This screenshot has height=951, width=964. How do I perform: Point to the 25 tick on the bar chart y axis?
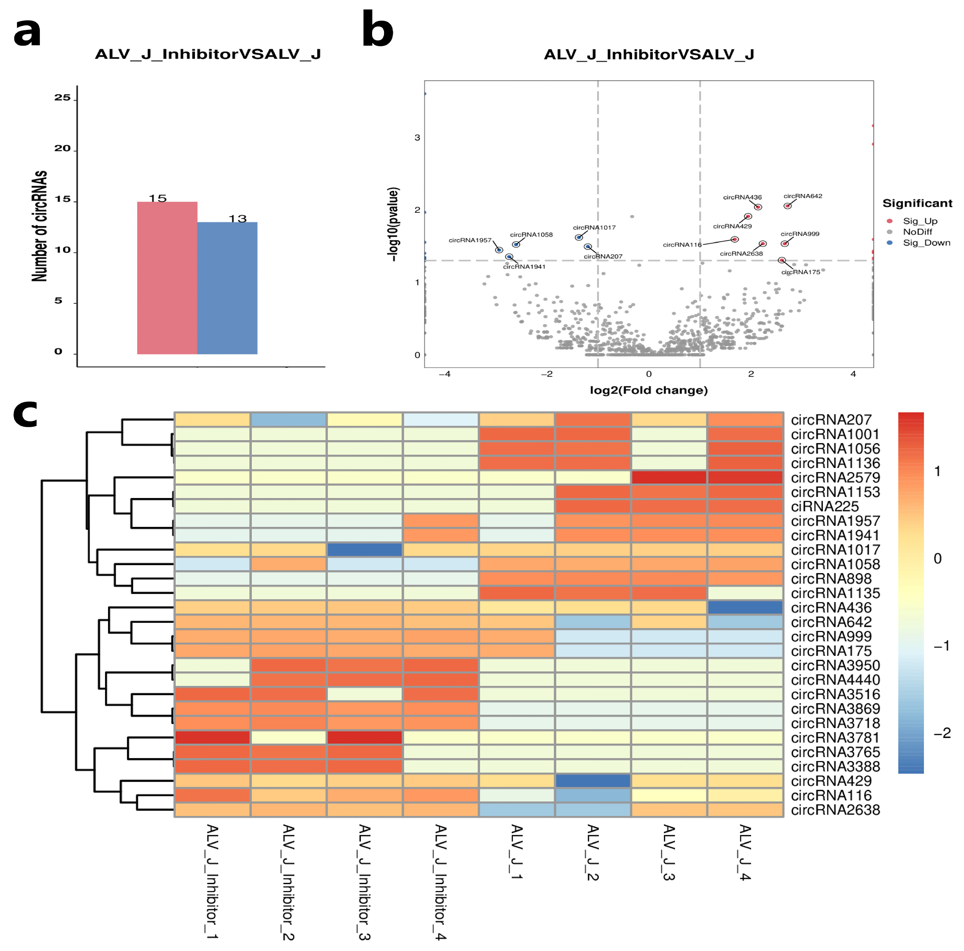point(63,98)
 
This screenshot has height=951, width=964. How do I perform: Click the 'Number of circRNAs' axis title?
point(40,226)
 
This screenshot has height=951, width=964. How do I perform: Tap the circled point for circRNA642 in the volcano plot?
point(787,206)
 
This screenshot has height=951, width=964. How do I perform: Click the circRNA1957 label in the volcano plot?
point(470,240)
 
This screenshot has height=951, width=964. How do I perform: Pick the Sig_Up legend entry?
point(920,221)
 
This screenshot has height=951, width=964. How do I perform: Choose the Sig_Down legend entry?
point(926,243)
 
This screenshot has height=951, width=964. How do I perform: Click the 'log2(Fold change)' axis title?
point(649,390)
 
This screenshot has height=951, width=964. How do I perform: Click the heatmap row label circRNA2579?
point(835,477)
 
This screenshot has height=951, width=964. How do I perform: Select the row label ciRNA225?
point(825,506)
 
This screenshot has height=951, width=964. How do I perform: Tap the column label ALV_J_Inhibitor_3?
point(365,882)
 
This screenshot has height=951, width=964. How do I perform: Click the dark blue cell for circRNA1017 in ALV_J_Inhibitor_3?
point(365,549)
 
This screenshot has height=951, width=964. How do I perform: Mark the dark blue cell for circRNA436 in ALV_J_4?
point(745,607)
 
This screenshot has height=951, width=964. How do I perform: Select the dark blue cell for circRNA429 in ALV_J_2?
point(593,781)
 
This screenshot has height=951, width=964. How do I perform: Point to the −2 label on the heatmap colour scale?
point(942,733)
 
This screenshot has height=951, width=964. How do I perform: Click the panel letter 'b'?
point(378,30)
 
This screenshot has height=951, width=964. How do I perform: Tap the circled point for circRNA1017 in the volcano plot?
point(579,238)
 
